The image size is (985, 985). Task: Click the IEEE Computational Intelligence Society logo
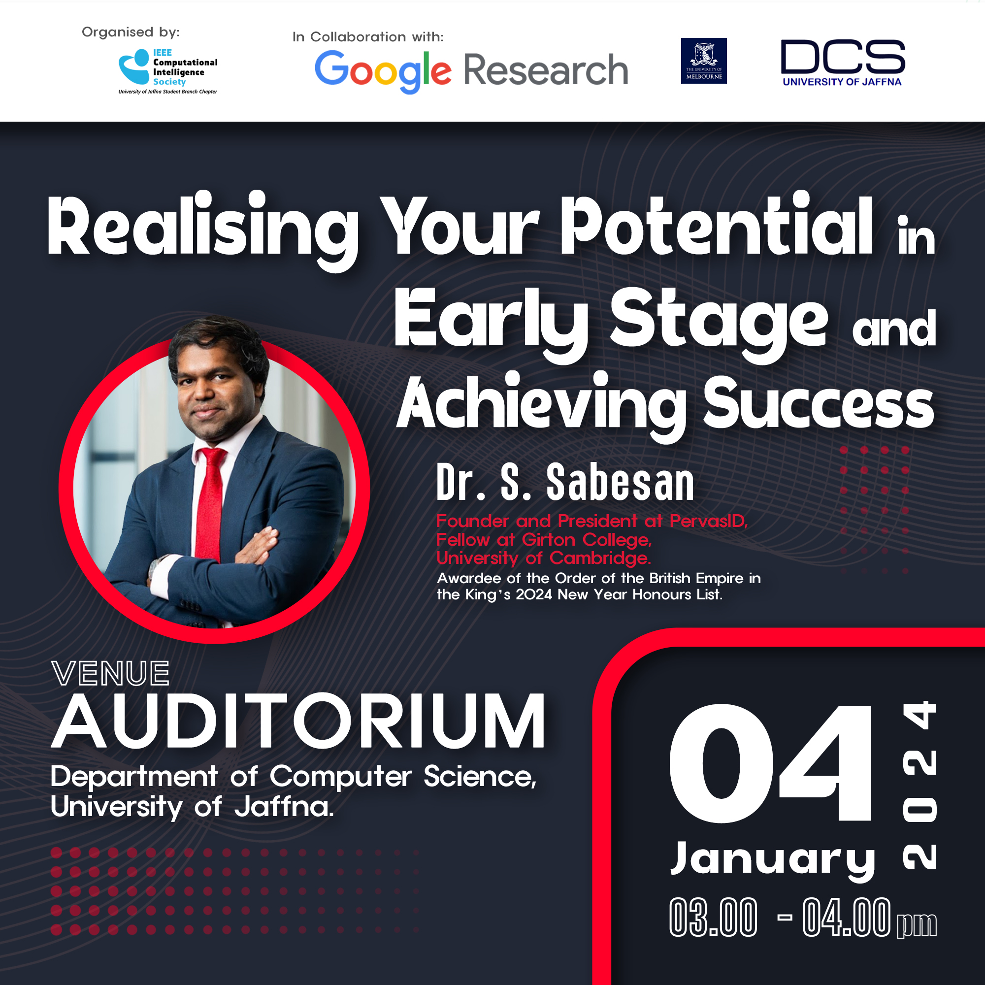click(168, 71)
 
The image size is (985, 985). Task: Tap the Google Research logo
click(471, 71)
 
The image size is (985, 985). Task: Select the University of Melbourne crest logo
click(704, 61)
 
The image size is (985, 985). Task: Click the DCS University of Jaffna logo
click(843, 63)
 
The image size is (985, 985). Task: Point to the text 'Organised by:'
click(131, 32)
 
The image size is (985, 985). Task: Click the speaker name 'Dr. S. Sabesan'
click(565, 482)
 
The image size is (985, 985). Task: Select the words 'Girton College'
click(587, 539)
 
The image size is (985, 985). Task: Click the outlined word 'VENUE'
click(111, 673)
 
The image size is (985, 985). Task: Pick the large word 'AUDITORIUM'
click(299, 721)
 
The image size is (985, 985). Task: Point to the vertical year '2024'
click(919, 785)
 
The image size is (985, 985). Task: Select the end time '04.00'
click(847, 918)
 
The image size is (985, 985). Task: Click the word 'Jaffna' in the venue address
click(284, 807)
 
